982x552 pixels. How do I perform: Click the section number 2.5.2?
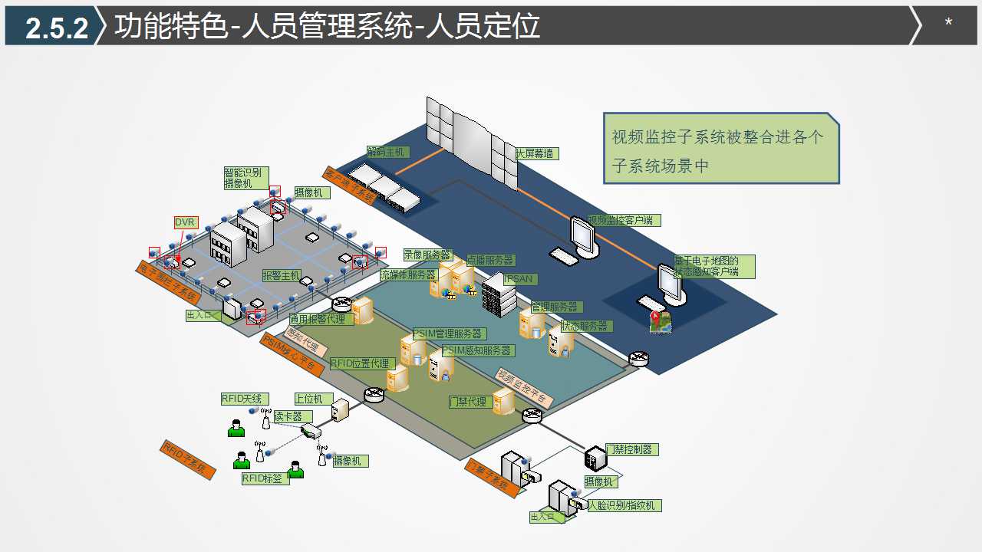click(57, 28)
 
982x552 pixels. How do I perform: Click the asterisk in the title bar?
click(948, 23)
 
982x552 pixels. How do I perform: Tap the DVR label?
click(185, 222)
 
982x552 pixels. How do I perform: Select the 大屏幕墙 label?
click(537, 153)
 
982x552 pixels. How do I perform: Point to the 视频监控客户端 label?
click(624, 220)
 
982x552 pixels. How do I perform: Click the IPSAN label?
click(519, 279)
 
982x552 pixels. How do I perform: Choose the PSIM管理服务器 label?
click(449, 333)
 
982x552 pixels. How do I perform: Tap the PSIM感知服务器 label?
click(477, 350)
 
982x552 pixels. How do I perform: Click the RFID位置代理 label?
click(361, 363)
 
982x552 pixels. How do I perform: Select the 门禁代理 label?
click(468, 402)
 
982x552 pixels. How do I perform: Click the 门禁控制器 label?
click(632, 449)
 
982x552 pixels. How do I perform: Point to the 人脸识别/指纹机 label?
click(623, 505)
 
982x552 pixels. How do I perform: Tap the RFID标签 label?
click(262, 478)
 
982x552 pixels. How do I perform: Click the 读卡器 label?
click(288, 416)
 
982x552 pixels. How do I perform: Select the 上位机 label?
click(313, 399)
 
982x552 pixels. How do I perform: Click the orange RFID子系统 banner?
click(185, 459)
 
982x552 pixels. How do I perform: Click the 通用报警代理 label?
click(321, 319)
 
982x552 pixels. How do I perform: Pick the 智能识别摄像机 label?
click(242, 178)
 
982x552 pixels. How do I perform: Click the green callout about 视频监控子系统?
click(720, 149)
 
